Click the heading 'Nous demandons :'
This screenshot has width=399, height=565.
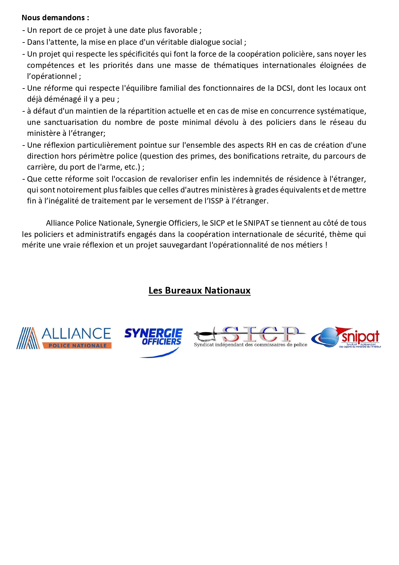coord(55,18)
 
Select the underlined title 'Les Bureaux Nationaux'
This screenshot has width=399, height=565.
coord(199,290)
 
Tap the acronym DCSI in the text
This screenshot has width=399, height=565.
coord(285,88)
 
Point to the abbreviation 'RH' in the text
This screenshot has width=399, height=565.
coord(271,145)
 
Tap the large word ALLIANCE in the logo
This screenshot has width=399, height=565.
coord(77,334)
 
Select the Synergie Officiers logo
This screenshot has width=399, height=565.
coord(153,337)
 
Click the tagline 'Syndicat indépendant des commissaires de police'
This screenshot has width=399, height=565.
coord(250,345)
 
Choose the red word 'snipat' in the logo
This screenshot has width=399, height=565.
coord(360,337)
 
